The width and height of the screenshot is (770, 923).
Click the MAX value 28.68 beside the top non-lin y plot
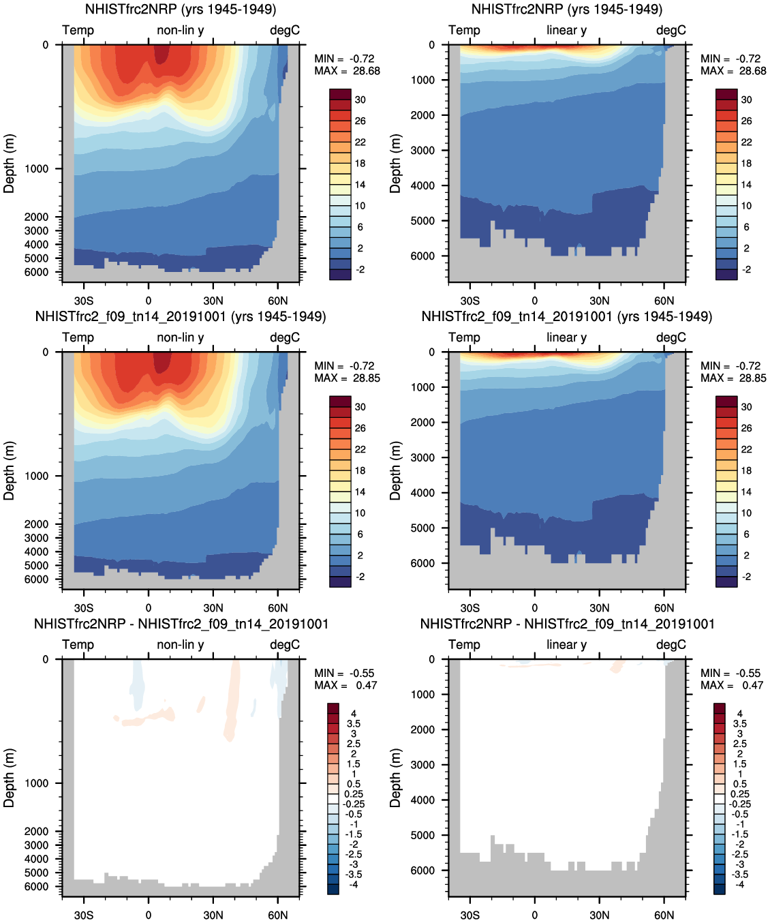pos(367,71)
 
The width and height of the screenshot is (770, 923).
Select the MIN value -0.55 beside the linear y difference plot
pos(748,673)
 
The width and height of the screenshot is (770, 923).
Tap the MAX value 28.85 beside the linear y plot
pos(753,378)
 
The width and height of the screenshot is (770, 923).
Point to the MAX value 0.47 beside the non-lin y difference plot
pos(367,685)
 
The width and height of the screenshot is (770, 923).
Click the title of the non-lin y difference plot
pos(181,624)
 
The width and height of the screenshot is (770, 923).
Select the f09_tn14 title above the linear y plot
pos(567,316)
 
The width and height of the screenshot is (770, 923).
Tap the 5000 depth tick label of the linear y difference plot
pos(422,835)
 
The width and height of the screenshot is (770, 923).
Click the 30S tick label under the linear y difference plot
pos(469,915)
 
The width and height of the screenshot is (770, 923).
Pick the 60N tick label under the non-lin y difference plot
pos(278,915)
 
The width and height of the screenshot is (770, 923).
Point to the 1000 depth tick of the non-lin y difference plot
pos(37,783)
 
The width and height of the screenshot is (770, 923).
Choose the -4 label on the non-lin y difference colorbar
pos(354,884)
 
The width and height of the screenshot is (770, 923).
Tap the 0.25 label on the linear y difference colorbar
pos(740,794)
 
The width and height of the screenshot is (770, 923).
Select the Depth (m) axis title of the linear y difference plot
pos(395,778)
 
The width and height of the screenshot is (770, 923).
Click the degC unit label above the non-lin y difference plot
pos(285,644)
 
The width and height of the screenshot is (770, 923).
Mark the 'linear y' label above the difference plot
pos(566,644)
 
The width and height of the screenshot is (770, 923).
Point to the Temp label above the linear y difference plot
pos(465,644)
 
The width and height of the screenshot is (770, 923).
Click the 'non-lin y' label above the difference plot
pos(180,644)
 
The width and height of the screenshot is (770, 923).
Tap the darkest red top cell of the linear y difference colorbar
pos(720,708)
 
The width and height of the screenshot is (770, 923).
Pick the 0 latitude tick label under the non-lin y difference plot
pos(149,915)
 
